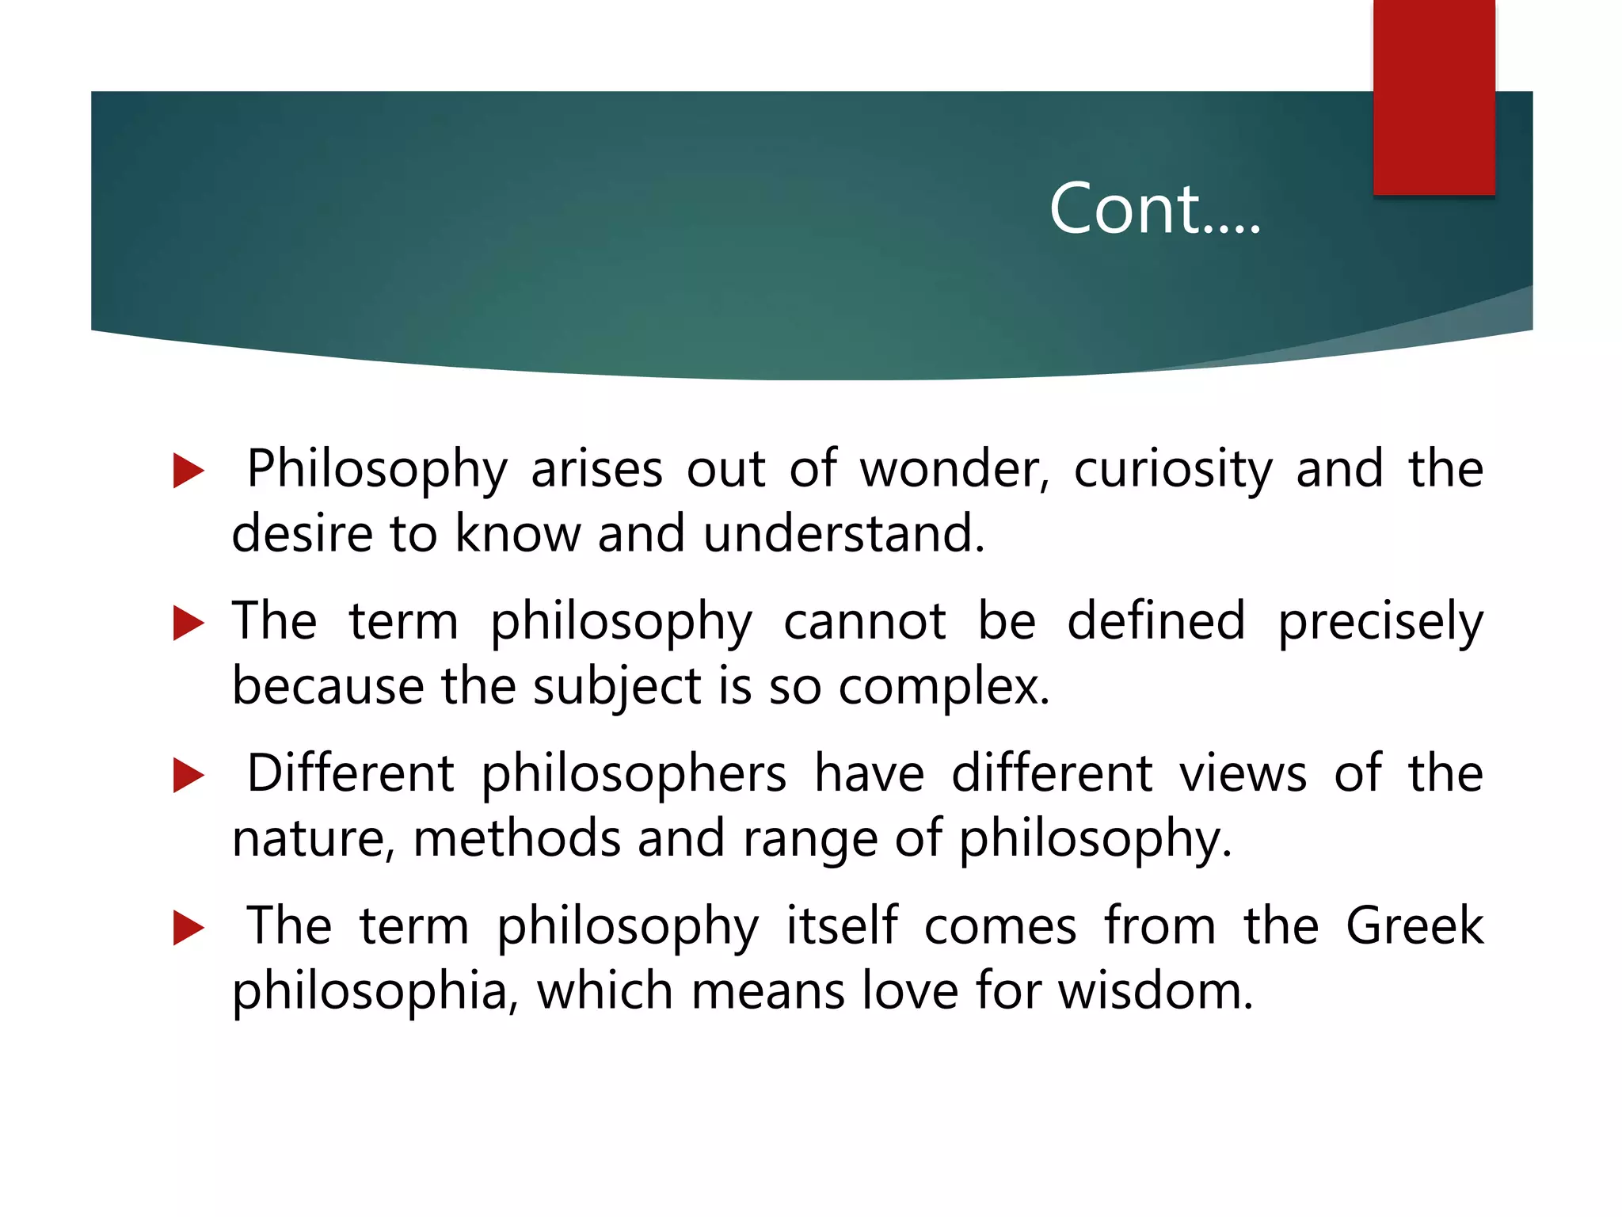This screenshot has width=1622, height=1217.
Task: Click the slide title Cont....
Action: tap(1154, 209)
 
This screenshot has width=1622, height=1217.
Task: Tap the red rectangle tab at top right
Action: tap(1434, 97)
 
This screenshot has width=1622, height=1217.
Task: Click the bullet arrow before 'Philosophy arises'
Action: tap(188, 471)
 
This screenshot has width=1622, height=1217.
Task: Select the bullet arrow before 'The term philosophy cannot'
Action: tap(188, 623)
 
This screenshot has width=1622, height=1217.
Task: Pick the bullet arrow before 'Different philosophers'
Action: tap(188, 775)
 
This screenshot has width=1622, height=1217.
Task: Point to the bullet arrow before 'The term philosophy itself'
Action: tap(188, 927)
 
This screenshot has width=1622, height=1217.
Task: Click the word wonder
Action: tap(954, 469)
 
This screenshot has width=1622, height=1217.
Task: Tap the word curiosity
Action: tap(1173, 469)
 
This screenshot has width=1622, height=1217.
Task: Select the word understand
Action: tap(843, 534)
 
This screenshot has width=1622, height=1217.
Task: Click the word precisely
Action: tap(1380, 621)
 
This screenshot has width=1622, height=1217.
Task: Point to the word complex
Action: tap(943, 686)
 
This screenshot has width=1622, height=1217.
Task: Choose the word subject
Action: tap(616, 686)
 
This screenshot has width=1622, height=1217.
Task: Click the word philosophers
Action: tap(634, 775)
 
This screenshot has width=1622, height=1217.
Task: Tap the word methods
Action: tap(516, 838)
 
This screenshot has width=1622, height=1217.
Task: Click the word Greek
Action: tap(1414, 925)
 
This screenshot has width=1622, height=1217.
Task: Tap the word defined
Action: tap(1156, 621)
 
